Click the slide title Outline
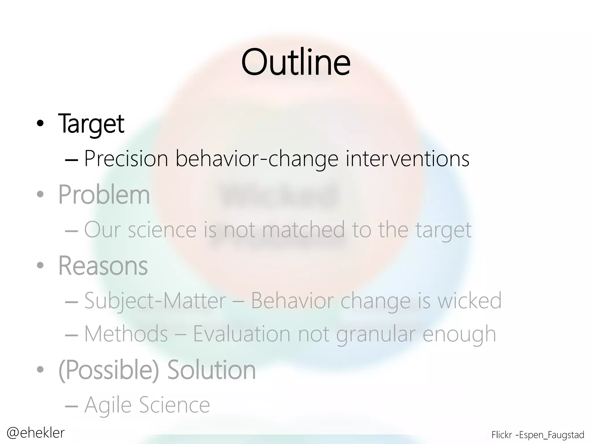296,62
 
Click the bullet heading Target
91,124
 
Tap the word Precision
126,159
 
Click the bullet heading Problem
104,195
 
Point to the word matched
304,230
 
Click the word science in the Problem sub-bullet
162,230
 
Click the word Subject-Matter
155,301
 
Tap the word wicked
469,301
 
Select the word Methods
126,334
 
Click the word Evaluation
242,334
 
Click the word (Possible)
109,370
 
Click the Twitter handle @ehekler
36,433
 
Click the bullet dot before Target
40,124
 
